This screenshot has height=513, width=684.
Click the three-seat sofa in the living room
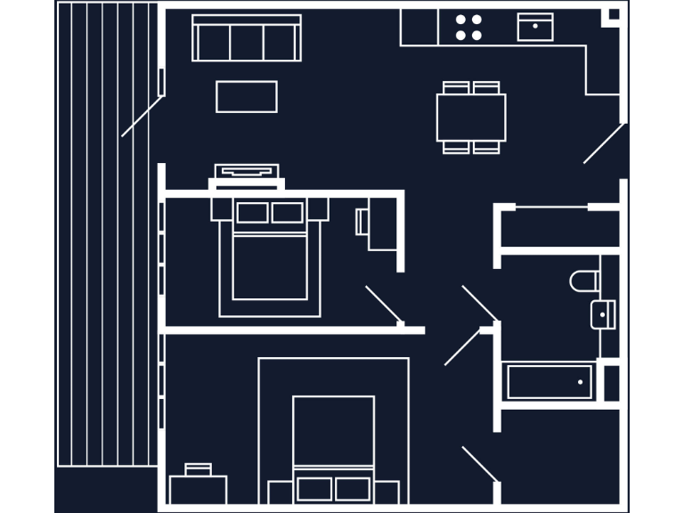click(247, 41)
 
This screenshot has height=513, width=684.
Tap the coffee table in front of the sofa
click(247, 96)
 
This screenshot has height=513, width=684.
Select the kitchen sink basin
click(535, 28)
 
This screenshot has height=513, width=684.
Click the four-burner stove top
click(468, 27)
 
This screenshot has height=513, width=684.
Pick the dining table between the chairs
click(471, 117)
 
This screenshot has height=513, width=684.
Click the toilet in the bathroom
click(584, 281)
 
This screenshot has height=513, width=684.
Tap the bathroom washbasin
click(603, 314)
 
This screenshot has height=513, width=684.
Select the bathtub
click(550, 382)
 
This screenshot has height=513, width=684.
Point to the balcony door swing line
click(142, 117)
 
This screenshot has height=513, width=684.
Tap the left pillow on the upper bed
click(252, 213)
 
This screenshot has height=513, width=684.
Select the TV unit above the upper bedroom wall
click(247, 173)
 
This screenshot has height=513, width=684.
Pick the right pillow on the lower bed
click(353, 489)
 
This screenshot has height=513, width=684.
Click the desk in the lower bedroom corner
click(198, 490)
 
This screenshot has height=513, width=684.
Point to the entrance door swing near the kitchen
click(604, 143)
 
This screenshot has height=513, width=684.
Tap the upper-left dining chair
click(456, 87)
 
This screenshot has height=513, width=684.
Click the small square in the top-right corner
click(613, 14)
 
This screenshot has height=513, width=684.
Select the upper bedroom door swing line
click(384, 304)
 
